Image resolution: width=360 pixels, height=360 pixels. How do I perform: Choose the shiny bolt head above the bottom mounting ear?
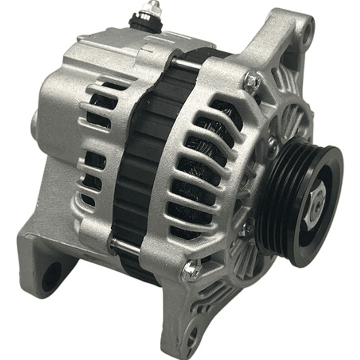coord(191,272)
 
